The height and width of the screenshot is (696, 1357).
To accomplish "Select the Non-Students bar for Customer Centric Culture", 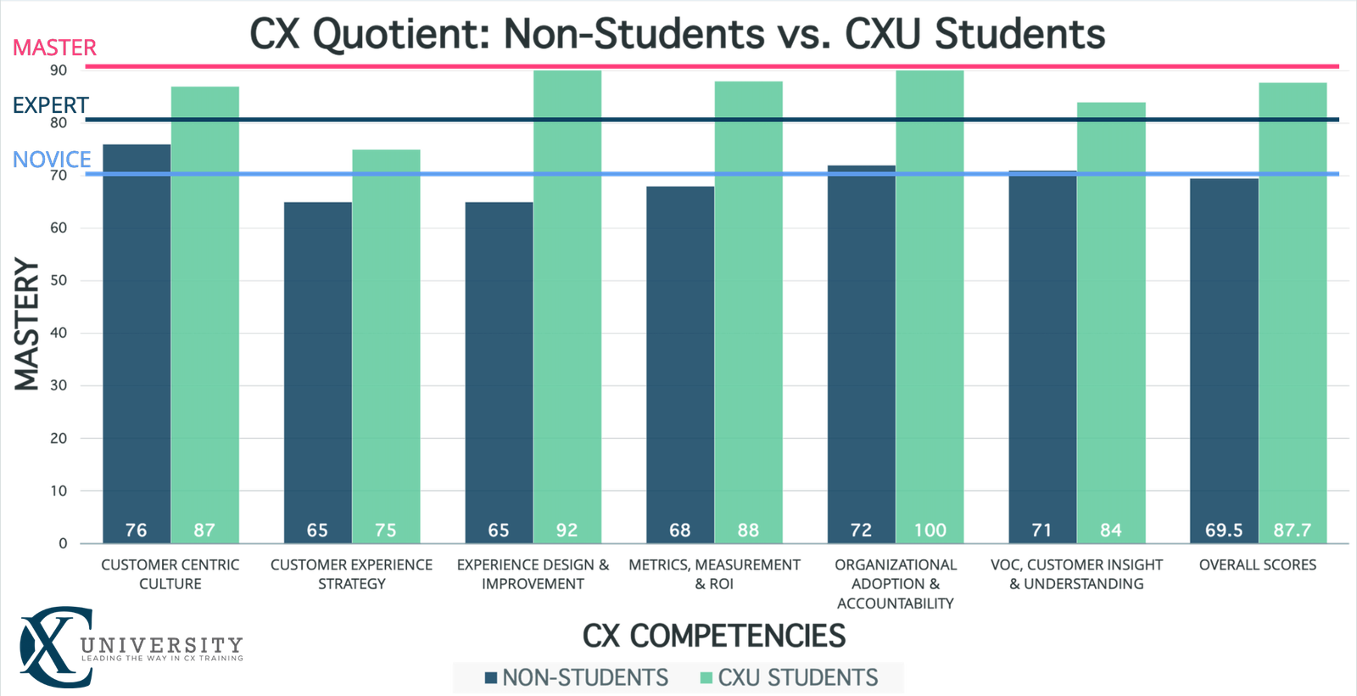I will [x=136, y=340].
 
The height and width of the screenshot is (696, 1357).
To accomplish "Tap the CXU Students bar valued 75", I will [x=386, y=340].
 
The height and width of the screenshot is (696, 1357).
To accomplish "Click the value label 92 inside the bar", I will [x=567, y=530].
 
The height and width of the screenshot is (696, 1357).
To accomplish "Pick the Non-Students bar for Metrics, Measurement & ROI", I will [x=679, y=356].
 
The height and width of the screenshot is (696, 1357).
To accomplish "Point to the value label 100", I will [x=930, y=530].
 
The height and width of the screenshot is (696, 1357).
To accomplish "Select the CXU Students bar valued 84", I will [x=1111, y=323].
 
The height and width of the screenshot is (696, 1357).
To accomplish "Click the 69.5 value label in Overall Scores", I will [x=1223, y=530].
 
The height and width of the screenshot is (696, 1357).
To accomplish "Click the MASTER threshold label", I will [x=54, y=48].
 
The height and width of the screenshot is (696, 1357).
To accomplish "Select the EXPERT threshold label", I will [x=51, y=104].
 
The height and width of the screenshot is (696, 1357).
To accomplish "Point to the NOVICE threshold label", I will [x=52, y=159].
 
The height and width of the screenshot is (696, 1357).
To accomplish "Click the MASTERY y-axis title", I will [x=27, y=324].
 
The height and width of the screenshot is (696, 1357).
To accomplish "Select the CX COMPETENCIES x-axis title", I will [x=714, y=636].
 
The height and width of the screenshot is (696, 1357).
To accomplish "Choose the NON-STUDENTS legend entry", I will [x=577, y=678].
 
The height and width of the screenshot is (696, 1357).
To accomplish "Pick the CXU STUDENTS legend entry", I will [x=788, y=678].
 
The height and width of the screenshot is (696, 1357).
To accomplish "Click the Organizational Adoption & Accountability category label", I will [x=895, y=584].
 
